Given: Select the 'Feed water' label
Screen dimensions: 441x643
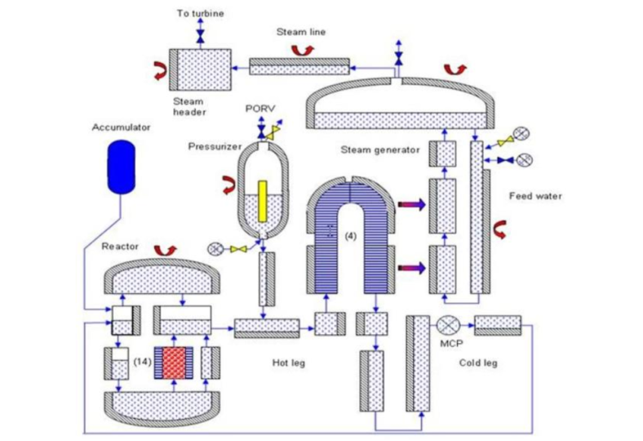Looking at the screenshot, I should point(535,196).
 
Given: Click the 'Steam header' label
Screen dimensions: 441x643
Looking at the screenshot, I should point(189,107).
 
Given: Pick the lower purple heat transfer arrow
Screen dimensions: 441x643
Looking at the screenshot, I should point(413,267).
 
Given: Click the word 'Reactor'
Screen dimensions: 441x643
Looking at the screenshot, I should point(118,246).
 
